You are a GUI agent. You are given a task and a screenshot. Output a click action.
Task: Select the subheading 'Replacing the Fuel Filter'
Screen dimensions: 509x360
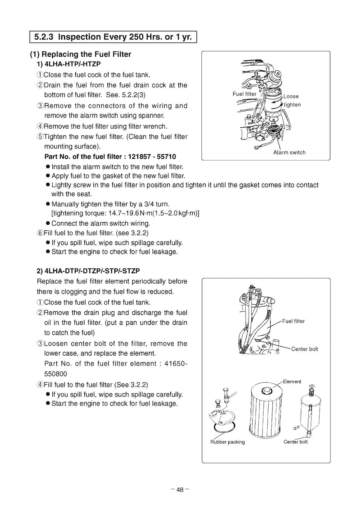[x=84, y=54]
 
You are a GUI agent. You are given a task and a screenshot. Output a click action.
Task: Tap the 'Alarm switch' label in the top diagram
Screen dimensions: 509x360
[x=289, y=152]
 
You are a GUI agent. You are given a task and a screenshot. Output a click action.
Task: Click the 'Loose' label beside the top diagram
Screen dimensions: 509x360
[x=291, y=96]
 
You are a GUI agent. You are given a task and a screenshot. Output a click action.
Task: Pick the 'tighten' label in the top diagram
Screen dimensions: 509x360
[x=292, y=104]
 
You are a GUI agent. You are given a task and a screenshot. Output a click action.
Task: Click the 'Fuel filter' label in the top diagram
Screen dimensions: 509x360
[x=245, y=94]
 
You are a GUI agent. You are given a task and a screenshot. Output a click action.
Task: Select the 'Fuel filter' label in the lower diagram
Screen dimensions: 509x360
[x=293, y=321]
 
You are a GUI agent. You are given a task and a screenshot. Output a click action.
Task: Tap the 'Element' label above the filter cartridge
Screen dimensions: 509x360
[x=292, y=382]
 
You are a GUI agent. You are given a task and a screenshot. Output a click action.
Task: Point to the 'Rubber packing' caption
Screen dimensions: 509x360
[x=227, y=442]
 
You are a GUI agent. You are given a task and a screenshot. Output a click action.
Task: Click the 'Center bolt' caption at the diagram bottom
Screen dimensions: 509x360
[x=295, y=442]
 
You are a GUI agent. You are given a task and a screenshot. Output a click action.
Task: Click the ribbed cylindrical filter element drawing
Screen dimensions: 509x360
[x=265, y=410]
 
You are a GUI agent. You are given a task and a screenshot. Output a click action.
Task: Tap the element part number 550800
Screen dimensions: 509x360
[x=55, y=373]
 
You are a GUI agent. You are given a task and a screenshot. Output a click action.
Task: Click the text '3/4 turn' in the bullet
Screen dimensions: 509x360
[x=157, y=204]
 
